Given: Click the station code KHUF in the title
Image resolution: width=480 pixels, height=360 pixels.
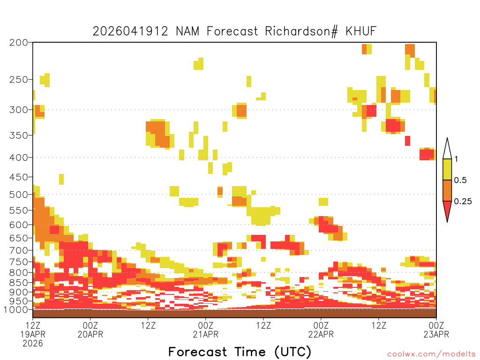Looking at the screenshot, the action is tap(361, 31).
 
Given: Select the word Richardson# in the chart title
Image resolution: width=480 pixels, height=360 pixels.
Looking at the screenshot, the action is tap(301, 31).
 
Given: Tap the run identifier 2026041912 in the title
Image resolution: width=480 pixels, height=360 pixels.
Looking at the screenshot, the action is tap(130, 31).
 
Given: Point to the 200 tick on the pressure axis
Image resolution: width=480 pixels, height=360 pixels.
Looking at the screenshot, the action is tap(19, 43).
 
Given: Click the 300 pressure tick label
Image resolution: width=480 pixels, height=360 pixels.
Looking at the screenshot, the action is tap(19, 110).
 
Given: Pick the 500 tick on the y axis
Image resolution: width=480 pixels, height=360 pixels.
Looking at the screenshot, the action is tap(19, 195).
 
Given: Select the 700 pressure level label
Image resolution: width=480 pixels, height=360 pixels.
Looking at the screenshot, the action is tap(19, 250).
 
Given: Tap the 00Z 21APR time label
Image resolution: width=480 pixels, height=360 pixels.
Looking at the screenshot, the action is tap(206, 330).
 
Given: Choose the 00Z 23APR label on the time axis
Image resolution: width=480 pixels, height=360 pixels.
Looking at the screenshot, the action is tap(436, 330).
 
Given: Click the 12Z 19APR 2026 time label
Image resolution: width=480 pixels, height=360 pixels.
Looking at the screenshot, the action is tap(33, 334).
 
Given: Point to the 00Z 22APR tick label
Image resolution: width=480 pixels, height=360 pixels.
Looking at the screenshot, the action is tap(321, 330).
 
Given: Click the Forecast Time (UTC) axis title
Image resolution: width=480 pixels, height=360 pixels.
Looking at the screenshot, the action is tap(240, 352).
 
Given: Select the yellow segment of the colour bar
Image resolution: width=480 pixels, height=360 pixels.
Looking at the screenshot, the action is tap(447, 169).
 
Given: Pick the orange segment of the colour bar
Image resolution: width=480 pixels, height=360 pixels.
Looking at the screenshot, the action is tap(447, 190).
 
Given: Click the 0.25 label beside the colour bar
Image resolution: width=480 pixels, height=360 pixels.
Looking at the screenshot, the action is tap(463, 202).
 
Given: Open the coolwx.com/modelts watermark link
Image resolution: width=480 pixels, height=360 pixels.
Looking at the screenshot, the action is tap(431, 354).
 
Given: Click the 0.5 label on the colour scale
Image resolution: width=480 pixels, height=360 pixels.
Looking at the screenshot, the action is tap(460, 180).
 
